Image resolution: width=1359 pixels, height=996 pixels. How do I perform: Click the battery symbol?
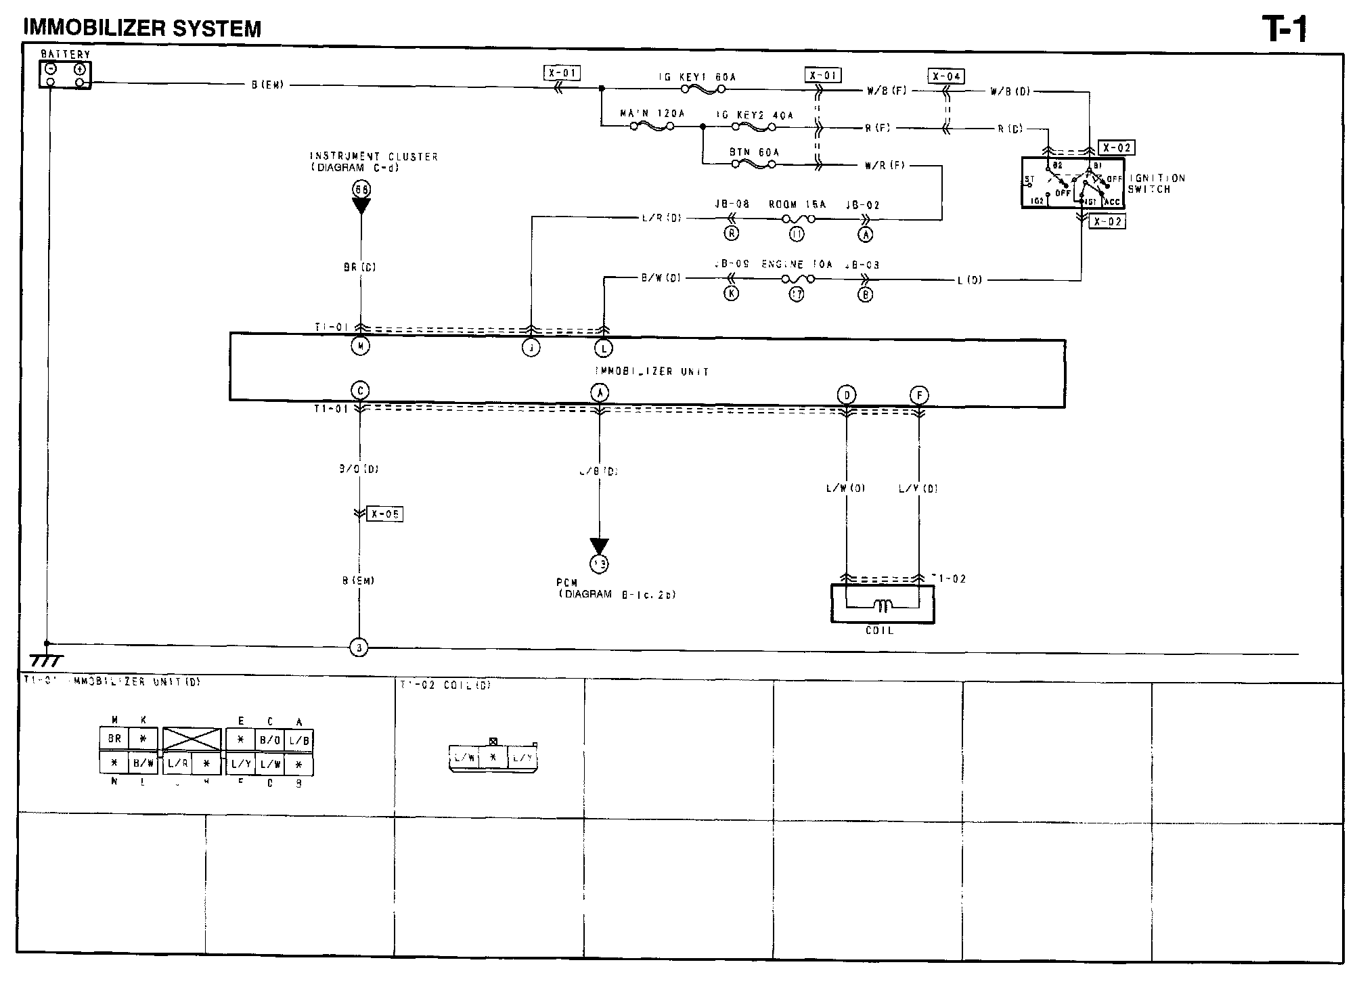pyautogui.click(x=65, y=75)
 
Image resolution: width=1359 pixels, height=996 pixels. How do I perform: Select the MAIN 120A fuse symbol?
pyautogui.click(x=652, y=127)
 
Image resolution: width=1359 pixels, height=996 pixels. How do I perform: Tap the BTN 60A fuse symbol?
pyautogui.click(x=754, y=164)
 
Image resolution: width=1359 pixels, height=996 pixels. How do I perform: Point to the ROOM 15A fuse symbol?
pyautogui.click(x=797, y=219)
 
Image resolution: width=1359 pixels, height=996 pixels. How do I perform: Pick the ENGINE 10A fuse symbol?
pyautogui.click(x=797, y=279)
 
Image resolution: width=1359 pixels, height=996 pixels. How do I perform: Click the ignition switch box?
pyautogui.click(x=1072, y=183)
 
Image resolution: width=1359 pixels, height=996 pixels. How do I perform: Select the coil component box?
pyautogui.click(x=883, y=604)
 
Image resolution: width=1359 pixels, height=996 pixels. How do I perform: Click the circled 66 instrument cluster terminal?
pyautogui.click(x=361, y=189)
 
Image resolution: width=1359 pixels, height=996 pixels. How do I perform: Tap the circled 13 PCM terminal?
pyautogui.click(x=599, y=563)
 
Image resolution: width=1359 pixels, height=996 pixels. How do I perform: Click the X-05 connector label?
pyautogui.click(x=385, y=514)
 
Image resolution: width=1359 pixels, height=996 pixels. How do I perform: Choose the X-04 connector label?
pyautogui.click(x=946, y=76)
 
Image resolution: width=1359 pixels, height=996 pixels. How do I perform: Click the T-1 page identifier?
pyautogui.click(x=1284, y=29)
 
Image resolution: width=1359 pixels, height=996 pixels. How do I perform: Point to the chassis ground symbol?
pyautogui.click(x=46, y=660)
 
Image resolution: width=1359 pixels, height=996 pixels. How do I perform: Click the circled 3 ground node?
pyautogui.click(x=359, y=648)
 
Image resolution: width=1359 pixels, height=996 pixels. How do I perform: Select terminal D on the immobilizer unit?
pyautogui.click(x=847, y=394)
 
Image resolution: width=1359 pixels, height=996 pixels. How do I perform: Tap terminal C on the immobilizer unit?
pyautogui.click(x=359, y=390)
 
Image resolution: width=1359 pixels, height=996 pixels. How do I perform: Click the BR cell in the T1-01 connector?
pyautogui.click(x=114, y=738)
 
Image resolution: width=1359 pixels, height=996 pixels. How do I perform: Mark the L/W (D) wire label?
pyautogui.click(x=845, y=488)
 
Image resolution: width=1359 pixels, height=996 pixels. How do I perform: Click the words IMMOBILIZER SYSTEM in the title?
pyautogui.click(x=142, y=28)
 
